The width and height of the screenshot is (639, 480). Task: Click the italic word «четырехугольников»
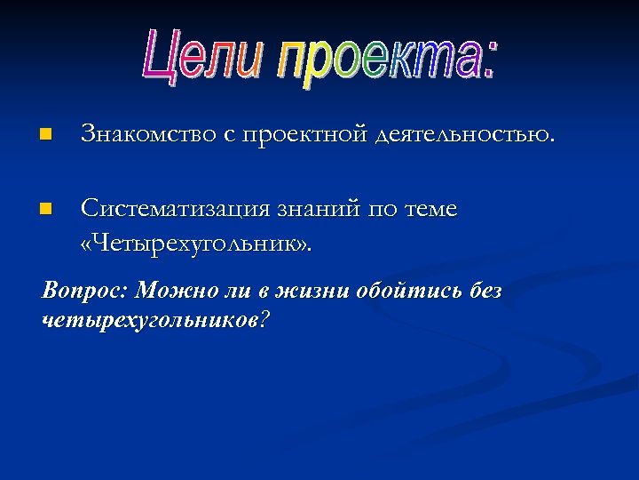pyautogui.click(x=146, y=320)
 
